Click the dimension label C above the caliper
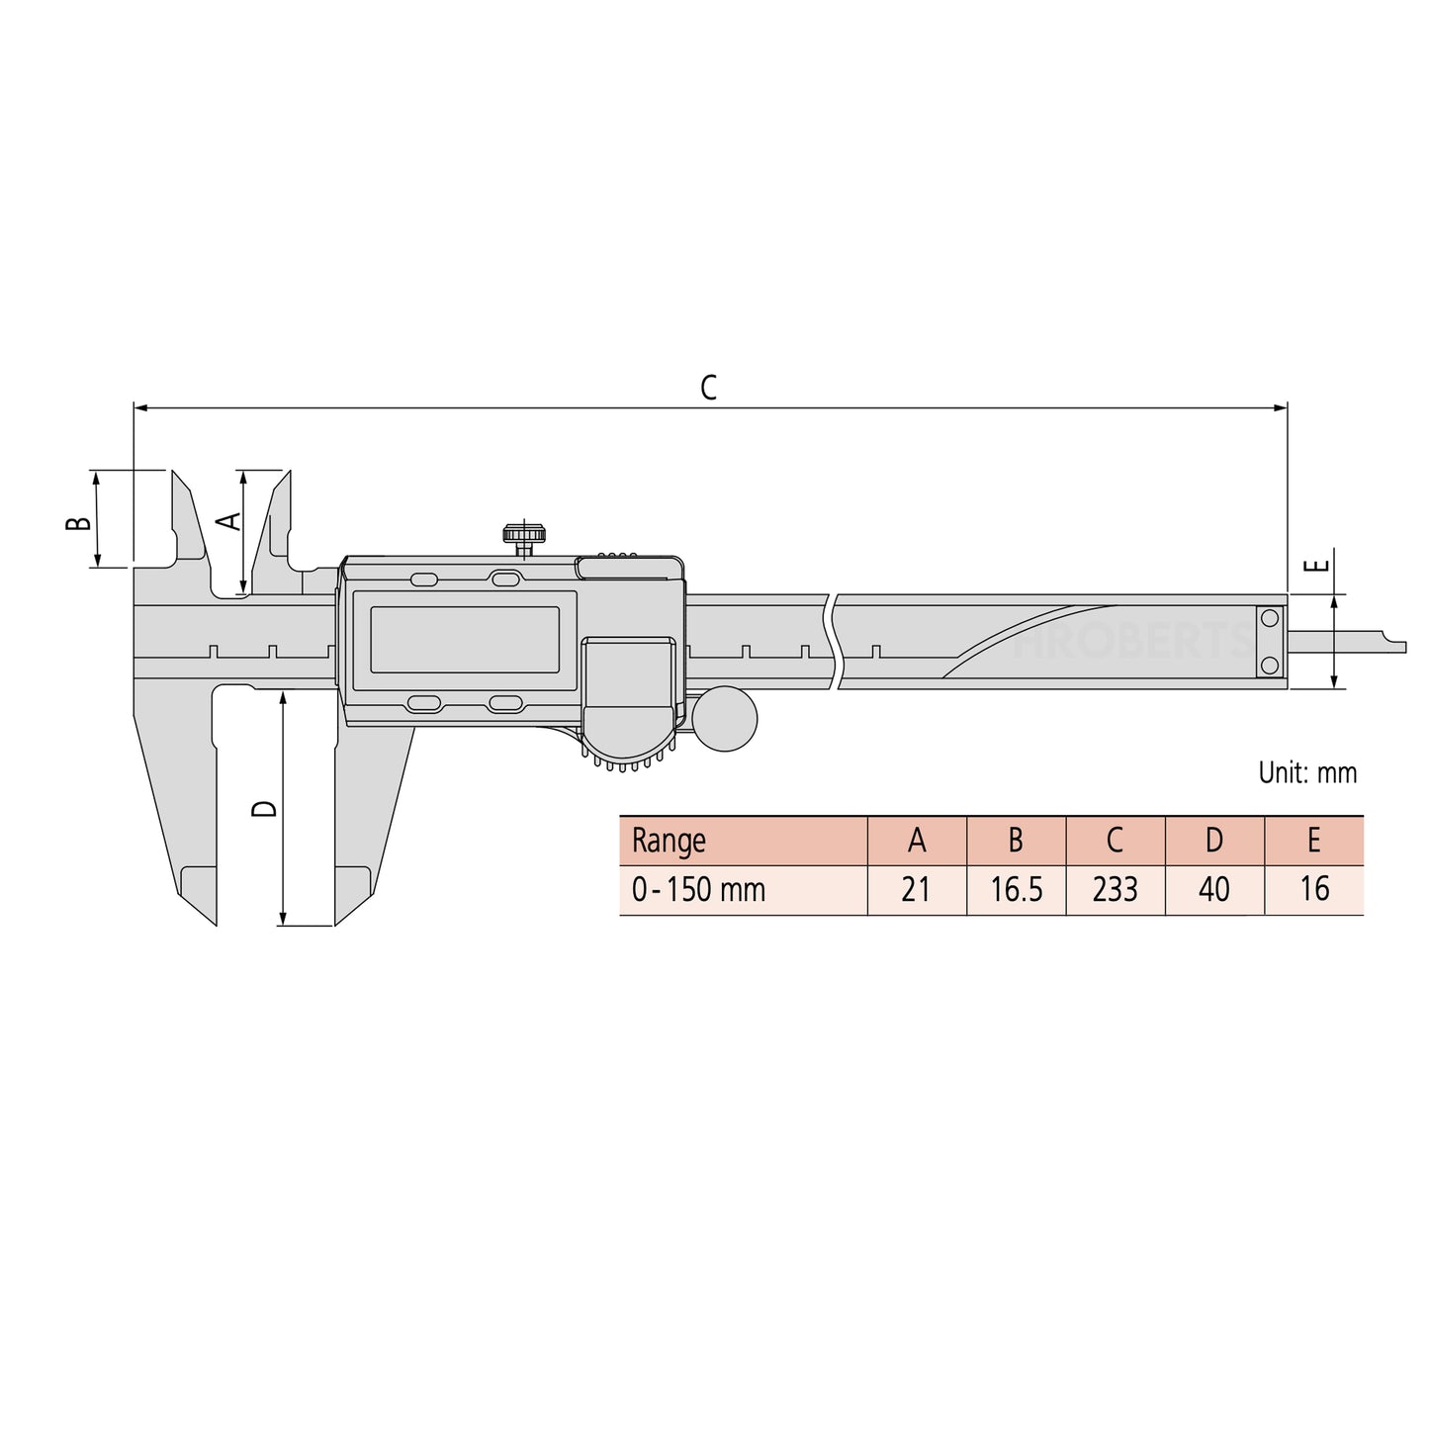tap(708, 388)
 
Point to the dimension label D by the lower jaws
tap(264, 808)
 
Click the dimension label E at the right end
tap(1315, 567)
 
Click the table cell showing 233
tap(1115, 890)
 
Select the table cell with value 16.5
tap(1016, 890)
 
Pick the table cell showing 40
tap(1213, 890)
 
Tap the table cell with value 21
tap(916, 890)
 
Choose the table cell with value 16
tap(1313, 890)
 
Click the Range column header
tap(669, 841)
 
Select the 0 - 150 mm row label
tap(698, 890)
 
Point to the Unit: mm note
tap(1306, 772)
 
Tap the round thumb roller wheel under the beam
tap(725, 719)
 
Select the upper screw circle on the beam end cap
tap(1270, 619)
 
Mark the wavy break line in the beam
tap(834, 641)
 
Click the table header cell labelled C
tap(1115, 841)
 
